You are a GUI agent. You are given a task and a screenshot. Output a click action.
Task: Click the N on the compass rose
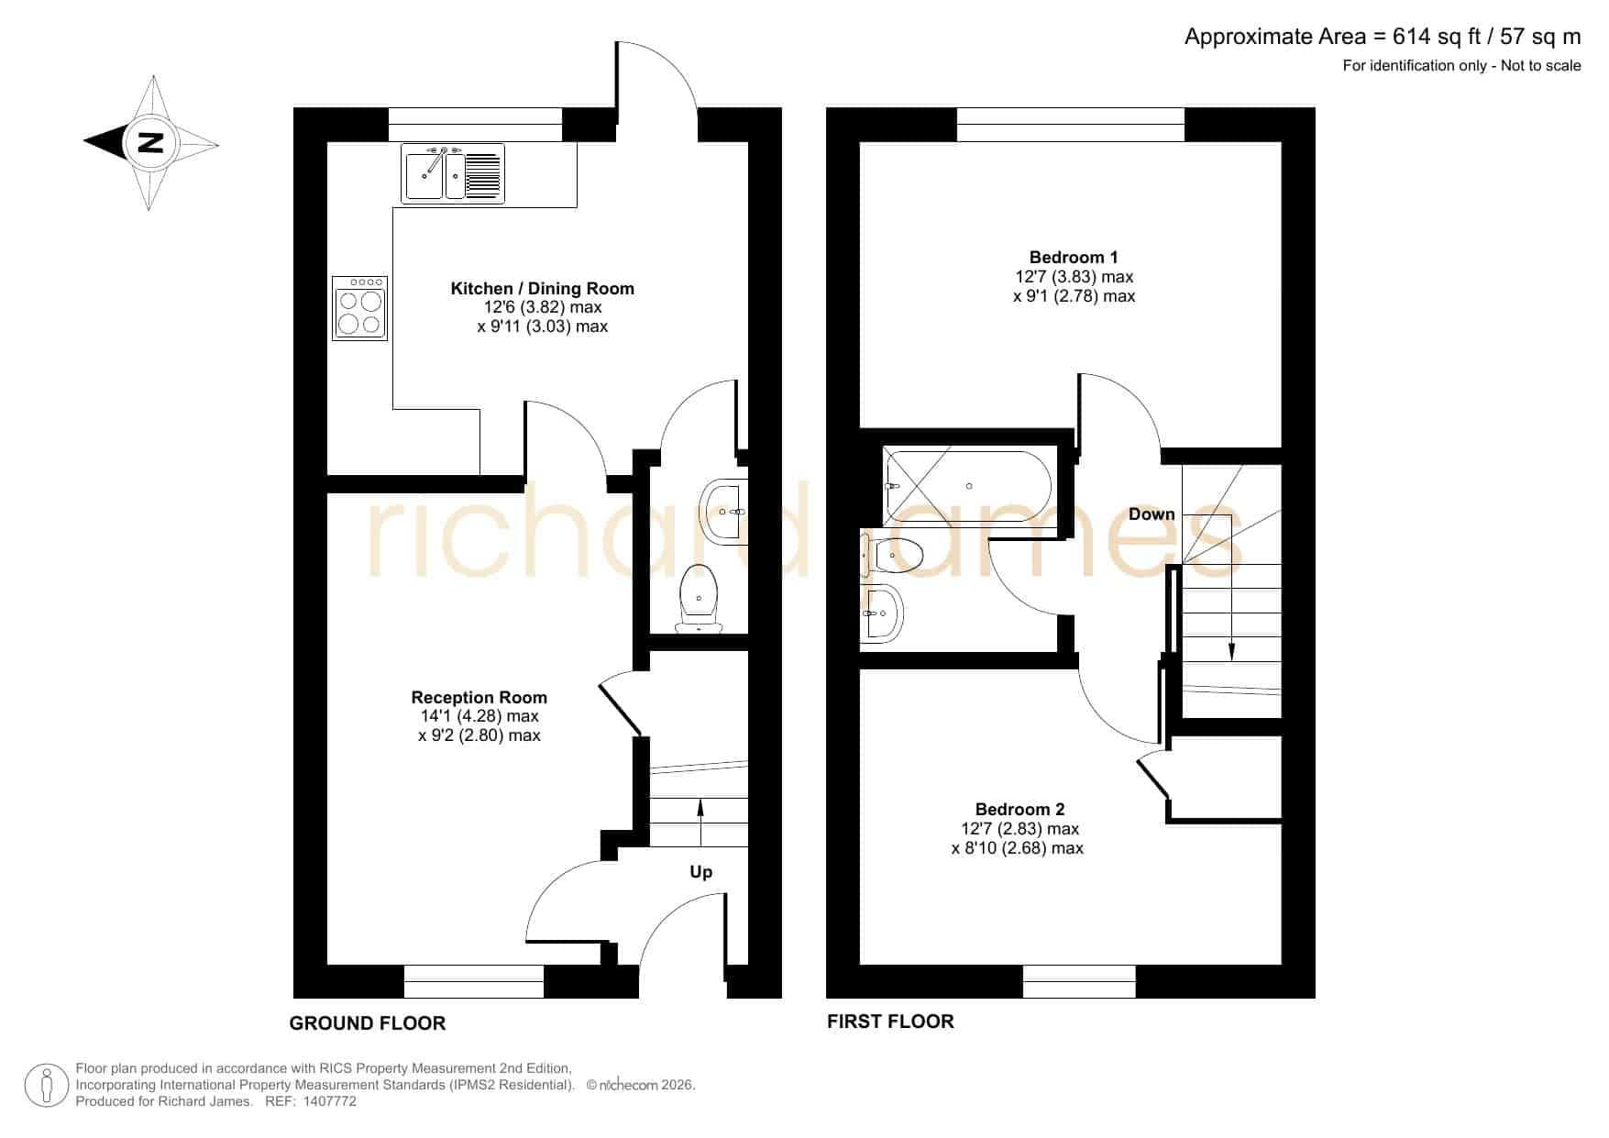[x=150, y=142]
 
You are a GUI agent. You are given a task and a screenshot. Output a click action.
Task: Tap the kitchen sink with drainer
[x=453, y=173]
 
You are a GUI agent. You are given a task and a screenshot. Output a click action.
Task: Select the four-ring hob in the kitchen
[x=359, y=308]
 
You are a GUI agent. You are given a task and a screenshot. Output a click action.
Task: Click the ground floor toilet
[x=700, y=598]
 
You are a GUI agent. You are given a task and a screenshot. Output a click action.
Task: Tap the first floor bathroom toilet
[x=892, y=555]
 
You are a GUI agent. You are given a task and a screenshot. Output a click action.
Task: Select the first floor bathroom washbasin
[x=882, y=613]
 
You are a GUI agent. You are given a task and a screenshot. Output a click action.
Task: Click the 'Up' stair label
[x=701, y=872]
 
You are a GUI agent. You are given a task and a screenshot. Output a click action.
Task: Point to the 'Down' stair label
[x=1152, y=514]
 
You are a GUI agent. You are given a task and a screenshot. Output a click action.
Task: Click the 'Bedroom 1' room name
[x=1074, y=258]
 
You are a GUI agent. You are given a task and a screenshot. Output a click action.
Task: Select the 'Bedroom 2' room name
[x=1019, y=810]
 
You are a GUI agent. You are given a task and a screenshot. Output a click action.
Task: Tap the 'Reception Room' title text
[x=479, y=698]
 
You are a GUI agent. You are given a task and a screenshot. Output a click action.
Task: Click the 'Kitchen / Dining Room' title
[x=543, y=289]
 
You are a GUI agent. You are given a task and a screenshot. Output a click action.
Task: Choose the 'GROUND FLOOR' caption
[x=368, y=1023]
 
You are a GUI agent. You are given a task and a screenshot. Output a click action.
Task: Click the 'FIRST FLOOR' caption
[x=890, y=1022]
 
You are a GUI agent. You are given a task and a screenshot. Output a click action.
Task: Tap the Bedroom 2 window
[x=1079, y=981]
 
